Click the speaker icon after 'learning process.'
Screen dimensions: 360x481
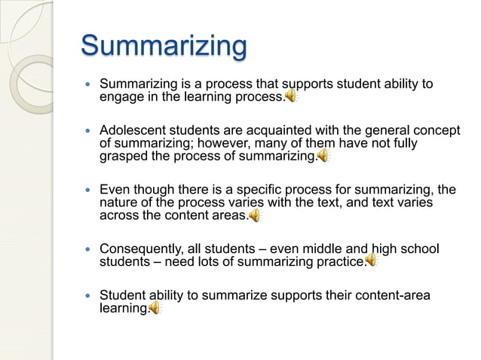[291, 96]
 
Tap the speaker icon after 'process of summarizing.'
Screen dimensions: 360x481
[323, 156]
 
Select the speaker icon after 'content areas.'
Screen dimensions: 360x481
[255, 215]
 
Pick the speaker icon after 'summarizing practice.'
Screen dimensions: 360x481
[371, 261]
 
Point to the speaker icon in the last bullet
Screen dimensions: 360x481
[155, 307]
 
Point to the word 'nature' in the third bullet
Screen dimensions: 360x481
[119, 203]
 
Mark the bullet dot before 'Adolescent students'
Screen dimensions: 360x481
[87, 131]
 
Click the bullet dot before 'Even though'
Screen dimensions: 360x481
[87, 191]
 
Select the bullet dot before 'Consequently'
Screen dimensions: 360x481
[87, 249]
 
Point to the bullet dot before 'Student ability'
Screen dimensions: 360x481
[87, 295]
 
